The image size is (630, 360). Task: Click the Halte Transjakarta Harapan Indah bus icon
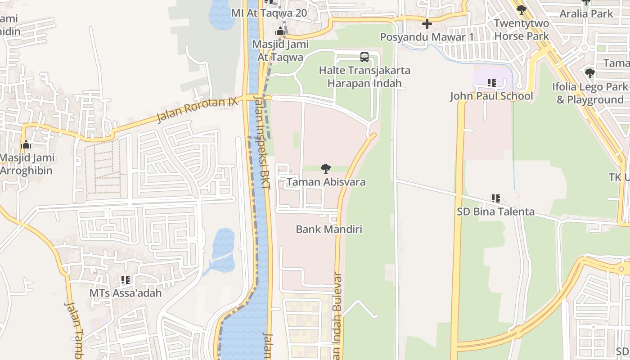point(364,57)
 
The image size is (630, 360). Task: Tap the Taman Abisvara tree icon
point(326,169)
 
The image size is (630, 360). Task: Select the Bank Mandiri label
point(329,229)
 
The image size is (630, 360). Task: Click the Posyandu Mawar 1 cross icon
point(427,24)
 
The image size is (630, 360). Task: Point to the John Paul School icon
point(491,83)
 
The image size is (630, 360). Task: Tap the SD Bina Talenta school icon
point(495,198)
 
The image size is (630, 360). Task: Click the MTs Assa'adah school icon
point(125,280)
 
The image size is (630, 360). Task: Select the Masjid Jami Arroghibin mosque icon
point(26,145)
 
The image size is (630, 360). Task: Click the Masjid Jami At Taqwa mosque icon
point(280,31)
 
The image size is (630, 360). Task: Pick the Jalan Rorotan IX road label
point(197,109)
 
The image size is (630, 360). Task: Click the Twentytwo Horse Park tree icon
point(522,10)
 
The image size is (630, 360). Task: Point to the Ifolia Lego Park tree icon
point(590,73)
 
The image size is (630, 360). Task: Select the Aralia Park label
point(586,13)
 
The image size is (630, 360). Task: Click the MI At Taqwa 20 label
point(269,13)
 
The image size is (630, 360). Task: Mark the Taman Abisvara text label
point(326,182)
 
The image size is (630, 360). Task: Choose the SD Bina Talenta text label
point(495,211)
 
